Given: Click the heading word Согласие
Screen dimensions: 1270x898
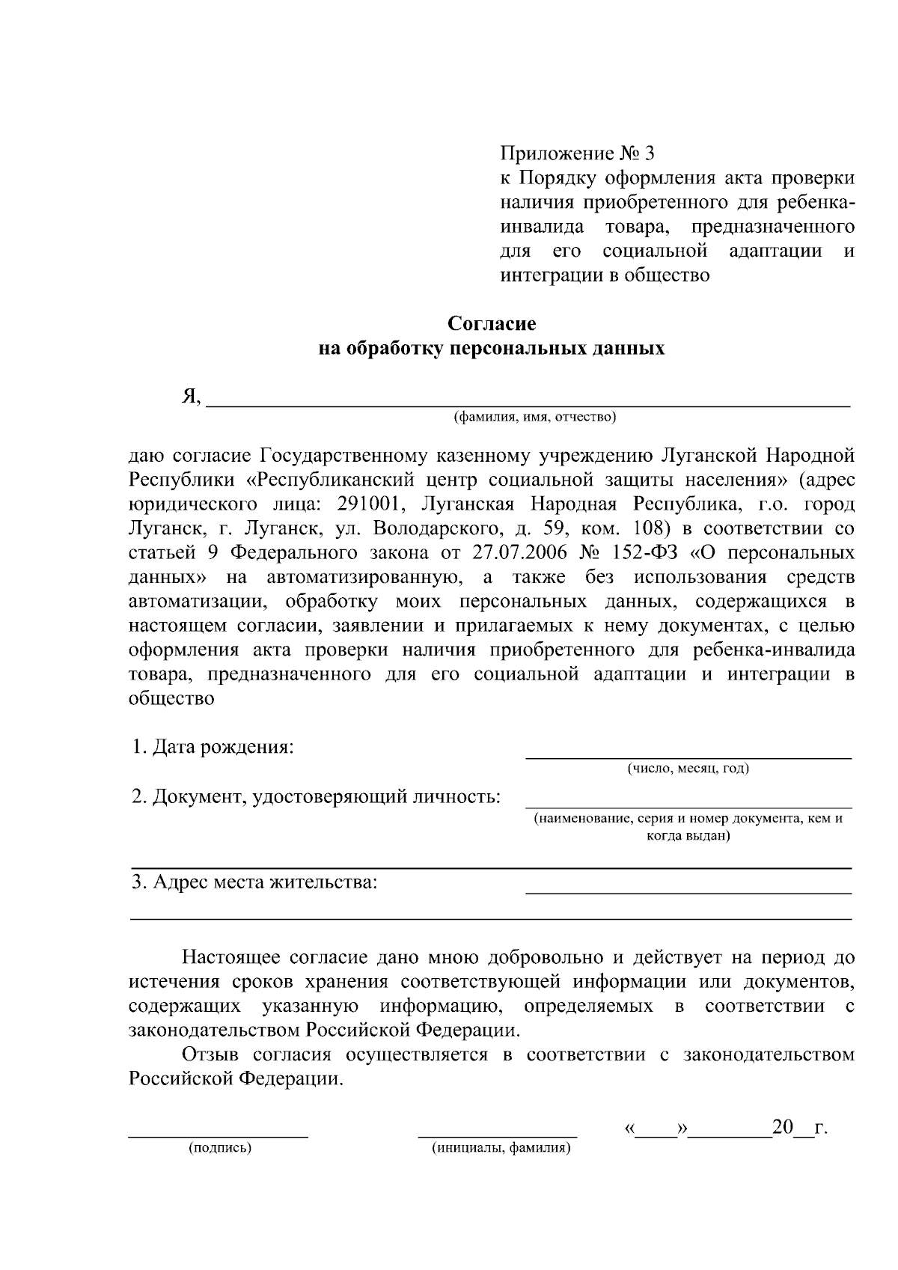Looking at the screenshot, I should [x=492, y=323].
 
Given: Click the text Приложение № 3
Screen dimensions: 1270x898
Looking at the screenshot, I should [x=576, y=153].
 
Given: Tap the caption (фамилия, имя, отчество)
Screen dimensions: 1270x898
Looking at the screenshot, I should [x=534, y=417].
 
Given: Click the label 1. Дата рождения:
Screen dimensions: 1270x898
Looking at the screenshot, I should [x=213, y=747].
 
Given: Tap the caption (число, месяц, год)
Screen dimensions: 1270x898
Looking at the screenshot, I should [x=688, y=769].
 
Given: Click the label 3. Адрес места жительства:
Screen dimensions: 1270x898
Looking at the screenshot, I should [x=254, y=882].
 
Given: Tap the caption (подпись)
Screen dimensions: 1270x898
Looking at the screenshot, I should [x=220, y=1148].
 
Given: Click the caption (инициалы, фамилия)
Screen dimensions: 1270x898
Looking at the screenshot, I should [x=501, y=1148].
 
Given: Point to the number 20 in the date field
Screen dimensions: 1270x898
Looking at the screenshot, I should [x=782, y=1126].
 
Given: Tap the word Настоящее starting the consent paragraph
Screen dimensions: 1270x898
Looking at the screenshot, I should [x=231, y=957].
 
